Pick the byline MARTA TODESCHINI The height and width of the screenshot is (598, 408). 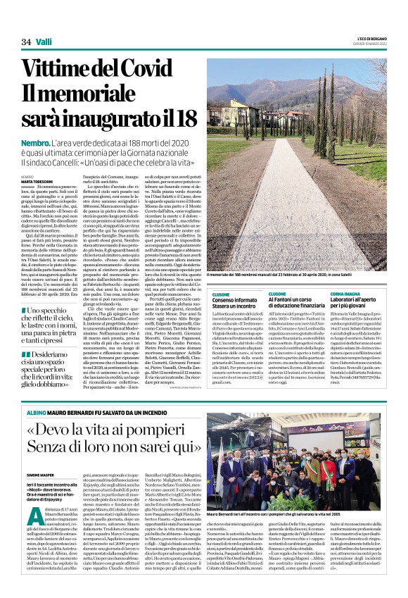pyautogui.click(x=37, y=181)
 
